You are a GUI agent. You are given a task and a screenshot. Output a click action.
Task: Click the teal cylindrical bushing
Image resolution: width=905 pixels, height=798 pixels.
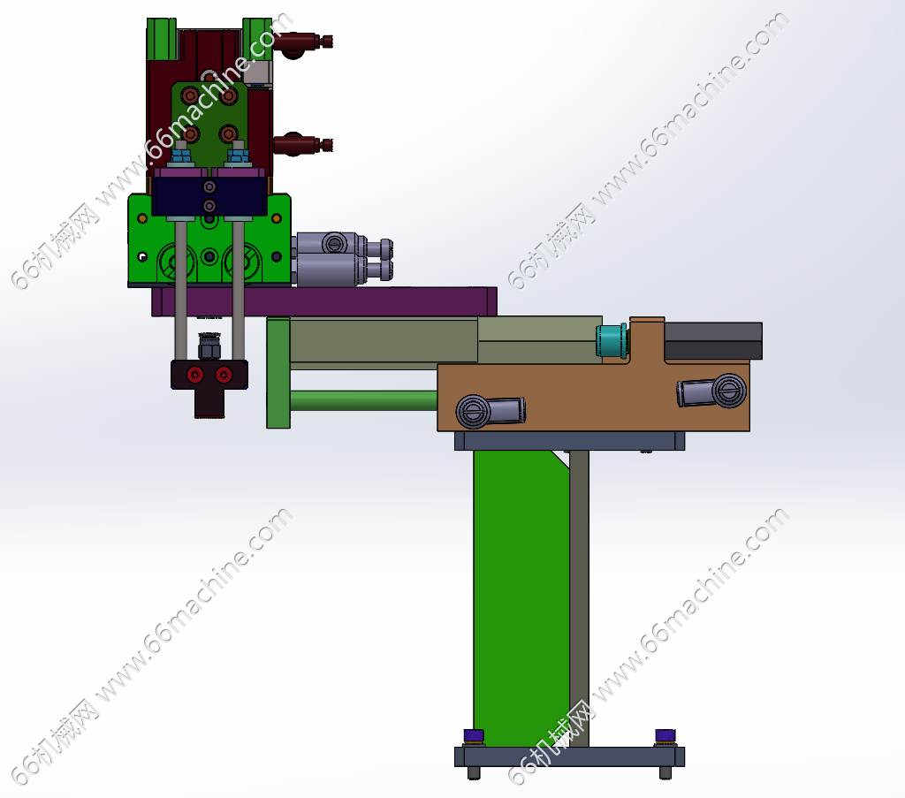point(612,341)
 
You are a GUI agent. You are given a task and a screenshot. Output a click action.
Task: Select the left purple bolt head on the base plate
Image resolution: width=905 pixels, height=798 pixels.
point(474,735)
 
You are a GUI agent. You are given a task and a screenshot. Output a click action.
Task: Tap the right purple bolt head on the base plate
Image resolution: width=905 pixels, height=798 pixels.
point(665,735)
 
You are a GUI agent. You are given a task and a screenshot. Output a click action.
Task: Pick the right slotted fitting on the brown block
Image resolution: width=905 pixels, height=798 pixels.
point(711,391)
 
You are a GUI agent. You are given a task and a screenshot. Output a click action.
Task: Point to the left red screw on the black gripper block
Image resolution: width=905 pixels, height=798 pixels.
point(195,375)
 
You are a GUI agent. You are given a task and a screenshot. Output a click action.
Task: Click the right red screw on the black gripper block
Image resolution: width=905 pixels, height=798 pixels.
point(224,375)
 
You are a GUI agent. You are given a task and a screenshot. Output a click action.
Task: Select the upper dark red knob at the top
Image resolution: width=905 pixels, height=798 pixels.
point(302,42)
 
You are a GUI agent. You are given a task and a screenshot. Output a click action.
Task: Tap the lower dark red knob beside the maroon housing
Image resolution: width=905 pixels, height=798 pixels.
point(302,144)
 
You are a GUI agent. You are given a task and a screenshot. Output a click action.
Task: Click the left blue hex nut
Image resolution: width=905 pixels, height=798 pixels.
point(182,156)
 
